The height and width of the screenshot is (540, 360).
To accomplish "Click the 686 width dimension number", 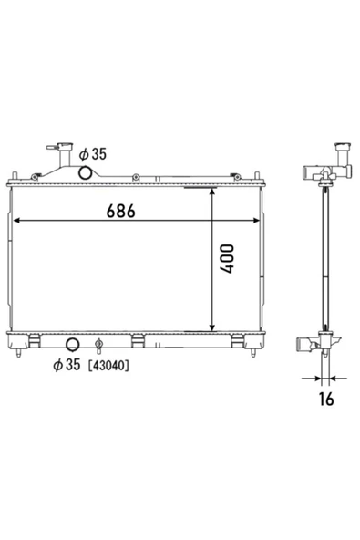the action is (x=121, y=211).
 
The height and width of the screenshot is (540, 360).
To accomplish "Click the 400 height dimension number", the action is (x=227, y=259).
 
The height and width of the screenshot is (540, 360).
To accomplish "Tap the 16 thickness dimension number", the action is (x=326, y=399).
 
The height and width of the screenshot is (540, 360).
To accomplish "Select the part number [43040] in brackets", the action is (x=108, y=366).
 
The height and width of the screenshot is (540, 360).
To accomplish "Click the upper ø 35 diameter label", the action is (x=93, y=154).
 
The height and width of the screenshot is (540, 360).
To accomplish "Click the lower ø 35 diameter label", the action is (x=67, y=364).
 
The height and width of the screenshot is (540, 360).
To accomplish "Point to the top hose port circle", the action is (x=85, y=172).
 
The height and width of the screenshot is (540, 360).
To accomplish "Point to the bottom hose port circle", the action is (x=72, y=345).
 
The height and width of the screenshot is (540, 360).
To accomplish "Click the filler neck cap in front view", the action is (x=65, y=146).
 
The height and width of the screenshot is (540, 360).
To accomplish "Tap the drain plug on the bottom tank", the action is (x=98, y=346).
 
